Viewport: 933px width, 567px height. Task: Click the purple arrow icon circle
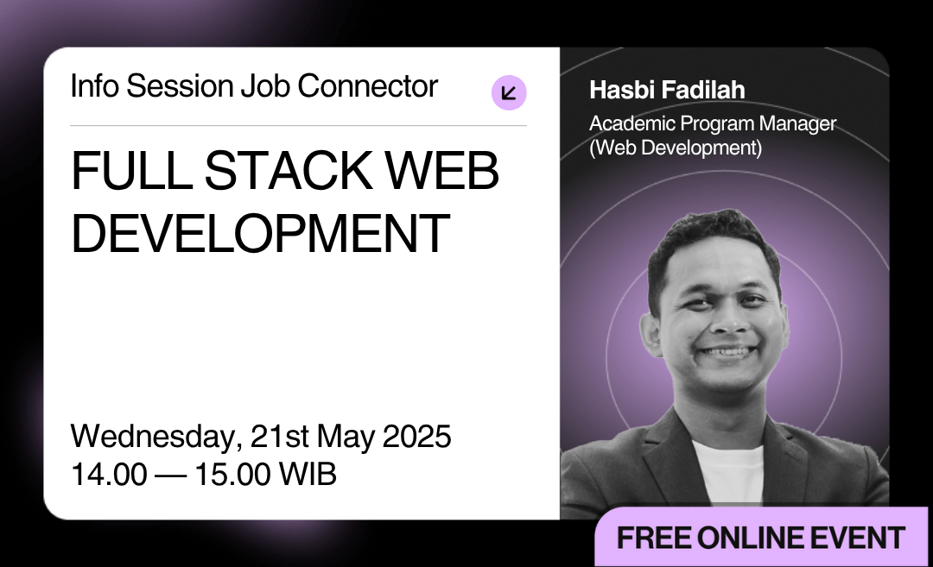pyautogui.click(x=509, y=92)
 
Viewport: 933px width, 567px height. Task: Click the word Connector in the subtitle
pyautogui.click(x=368, y=86)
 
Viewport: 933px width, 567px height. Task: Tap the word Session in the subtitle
pyautogui.click(x=180, y=86)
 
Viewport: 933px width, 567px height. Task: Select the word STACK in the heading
pyautogui.click(x=288, y=171)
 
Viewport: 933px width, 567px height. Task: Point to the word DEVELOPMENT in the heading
pyautogui.click(x=260, y=233)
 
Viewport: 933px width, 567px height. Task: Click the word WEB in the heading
pyautogui.click(x=441, y=171)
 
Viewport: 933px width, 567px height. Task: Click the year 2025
pyautogui.click(x=416, y=437)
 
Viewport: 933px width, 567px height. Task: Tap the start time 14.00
pyautogui.click(x=109, y=475)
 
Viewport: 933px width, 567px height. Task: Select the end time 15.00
pyautogui.click(x=232, y=475)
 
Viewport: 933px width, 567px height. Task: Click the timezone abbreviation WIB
pyautogui.click(x=308, y=475)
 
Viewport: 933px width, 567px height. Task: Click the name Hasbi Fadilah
pyautogui.click(x=667, y=90)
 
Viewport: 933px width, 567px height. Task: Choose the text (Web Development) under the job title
pyautogui.click(x=676, y=148)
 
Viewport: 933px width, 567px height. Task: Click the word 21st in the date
pyautogui.click(x=280, y=437)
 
